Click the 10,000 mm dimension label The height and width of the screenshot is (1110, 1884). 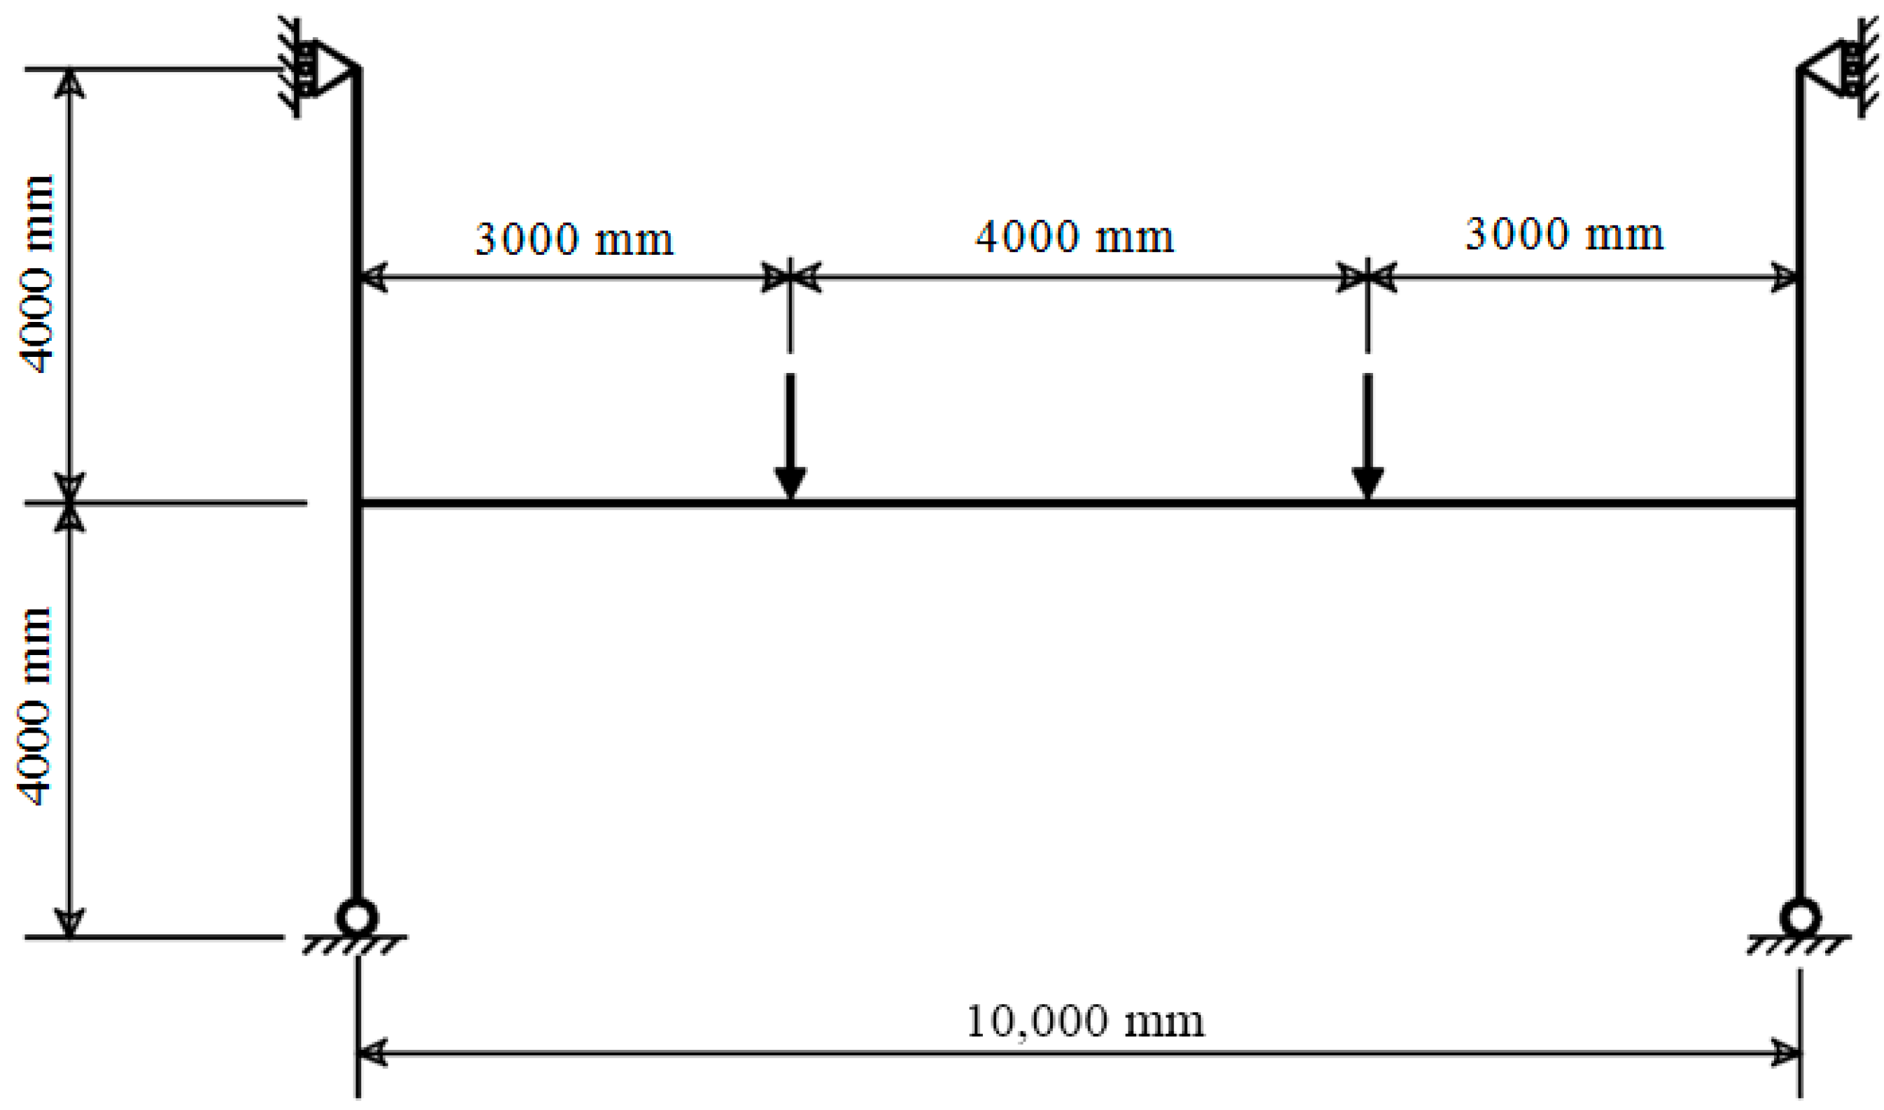[1086, 1022]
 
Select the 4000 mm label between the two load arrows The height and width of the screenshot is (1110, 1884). [1075, 237]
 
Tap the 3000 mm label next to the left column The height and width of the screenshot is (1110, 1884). [574, 239]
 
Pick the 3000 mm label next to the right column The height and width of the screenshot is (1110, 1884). [1565, 234]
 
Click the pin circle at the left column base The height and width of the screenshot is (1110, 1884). [357, 917]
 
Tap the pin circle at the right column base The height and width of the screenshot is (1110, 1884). [1800, 917]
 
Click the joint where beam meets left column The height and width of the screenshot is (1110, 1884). [358, 503]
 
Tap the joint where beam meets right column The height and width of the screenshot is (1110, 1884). [1799, 503]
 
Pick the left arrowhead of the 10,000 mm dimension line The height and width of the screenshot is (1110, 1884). [372, 1053]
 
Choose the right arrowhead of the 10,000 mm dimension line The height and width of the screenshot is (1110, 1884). [1786, 1053]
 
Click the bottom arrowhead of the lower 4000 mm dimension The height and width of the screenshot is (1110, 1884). [69, 923]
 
